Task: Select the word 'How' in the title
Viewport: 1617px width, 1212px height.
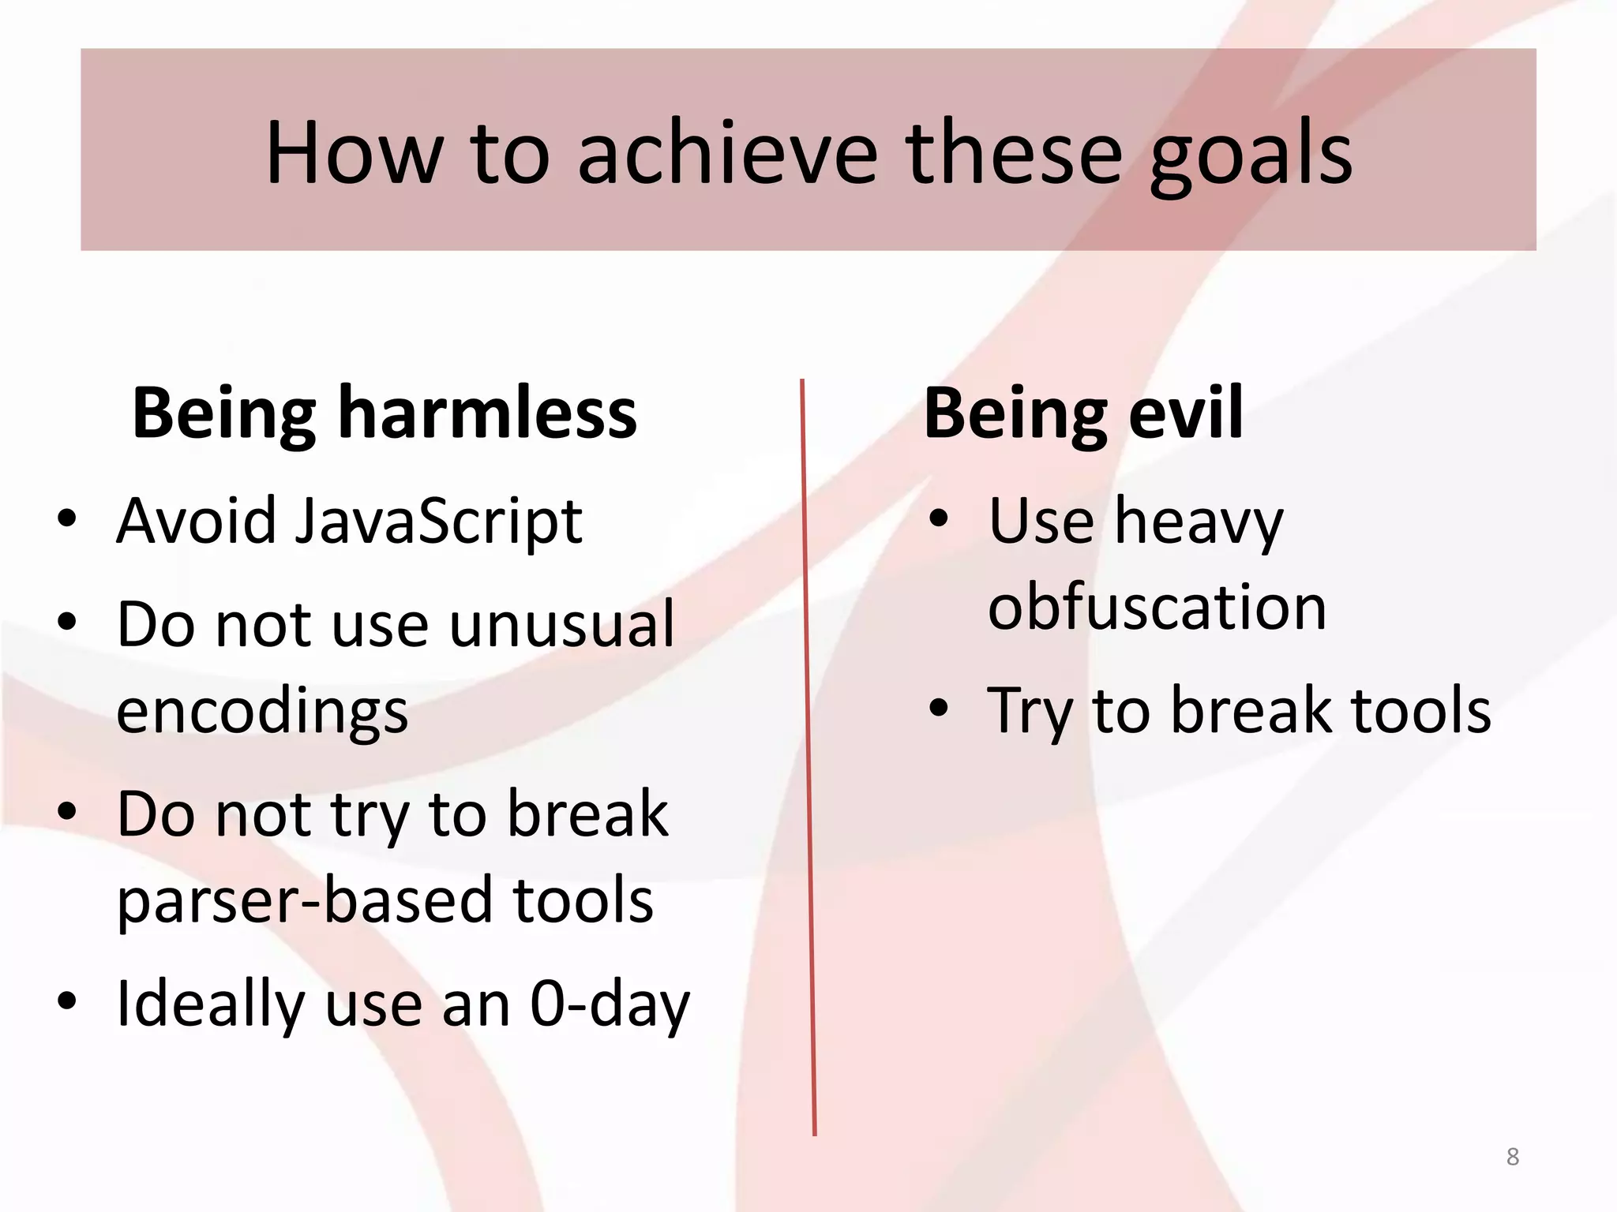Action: pos(354,152)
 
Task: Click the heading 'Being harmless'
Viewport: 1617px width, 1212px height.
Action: pos(385,413)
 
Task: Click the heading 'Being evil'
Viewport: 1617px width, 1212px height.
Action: pos(1083,413)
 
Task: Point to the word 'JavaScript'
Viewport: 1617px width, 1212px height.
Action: pos(438,522)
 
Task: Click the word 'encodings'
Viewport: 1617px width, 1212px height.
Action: pos(262,712)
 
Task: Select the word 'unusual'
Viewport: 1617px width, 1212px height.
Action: pos(562,625)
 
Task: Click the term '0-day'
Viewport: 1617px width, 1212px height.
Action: pos(610,1004)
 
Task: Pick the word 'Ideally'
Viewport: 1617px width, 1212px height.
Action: pos(209,1004)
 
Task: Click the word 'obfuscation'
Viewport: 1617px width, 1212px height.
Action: pos(1157,608)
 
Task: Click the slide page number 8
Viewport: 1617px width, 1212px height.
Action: pos(1512,1157)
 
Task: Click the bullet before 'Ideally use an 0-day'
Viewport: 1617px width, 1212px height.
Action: pos(67,1001)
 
